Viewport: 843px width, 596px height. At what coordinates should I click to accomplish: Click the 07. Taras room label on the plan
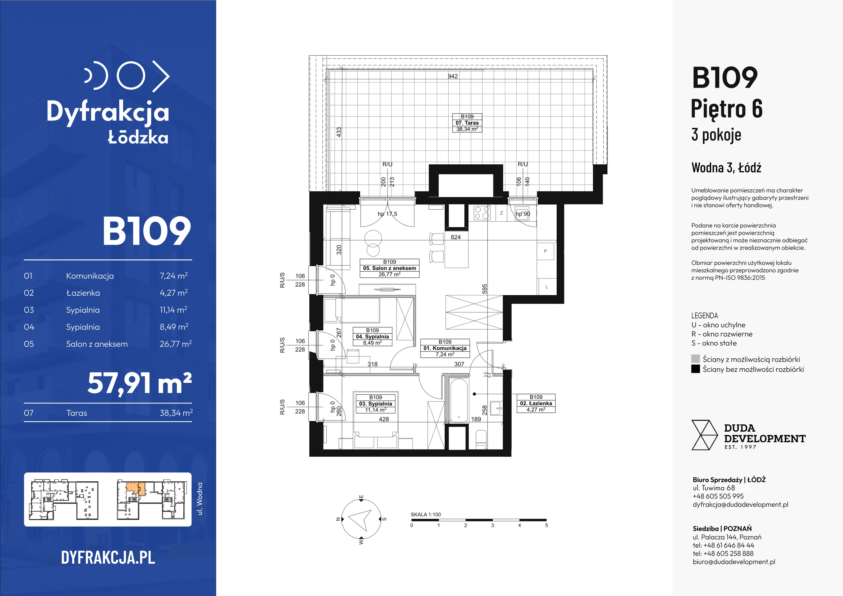click(467, 123)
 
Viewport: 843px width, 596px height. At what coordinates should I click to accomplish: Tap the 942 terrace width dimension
click(453, 76)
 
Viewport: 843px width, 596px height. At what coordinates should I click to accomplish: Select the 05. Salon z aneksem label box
click(390, 268)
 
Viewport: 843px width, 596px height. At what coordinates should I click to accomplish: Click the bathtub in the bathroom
click(459, 400)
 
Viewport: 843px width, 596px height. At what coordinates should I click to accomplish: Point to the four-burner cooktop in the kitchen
click(482, 213)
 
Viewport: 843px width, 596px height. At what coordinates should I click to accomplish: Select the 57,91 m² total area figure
click(140, 383)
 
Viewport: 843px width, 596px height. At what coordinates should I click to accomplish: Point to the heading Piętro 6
click(727, 109)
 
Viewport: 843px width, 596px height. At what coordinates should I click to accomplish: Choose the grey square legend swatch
click(695, 359)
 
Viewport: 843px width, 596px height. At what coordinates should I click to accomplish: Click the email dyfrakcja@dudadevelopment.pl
click(740, 505)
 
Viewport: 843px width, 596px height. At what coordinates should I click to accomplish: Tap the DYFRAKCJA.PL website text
click(108, 558)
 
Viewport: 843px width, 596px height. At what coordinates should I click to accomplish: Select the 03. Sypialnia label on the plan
click(375, 404)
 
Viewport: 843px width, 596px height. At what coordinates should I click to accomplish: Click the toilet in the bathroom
click(481, 438)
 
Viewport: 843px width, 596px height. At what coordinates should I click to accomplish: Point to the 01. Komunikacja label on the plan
click(445, 348)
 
